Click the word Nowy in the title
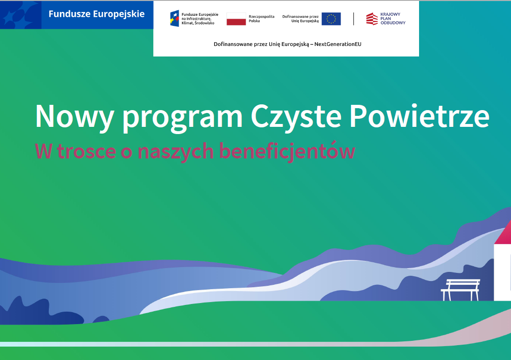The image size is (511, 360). pos(75,117)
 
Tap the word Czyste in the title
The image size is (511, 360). pos(296,117)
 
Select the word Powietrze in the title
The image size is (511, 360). pos(420,116)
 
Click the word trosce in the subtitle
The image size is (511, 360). pos(87,151)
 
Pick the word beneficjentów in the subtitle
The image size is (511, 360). pos(287,151)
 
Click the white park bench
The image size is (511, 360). pos(461,289)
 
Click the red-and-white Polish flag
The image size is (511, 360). pos(236,19)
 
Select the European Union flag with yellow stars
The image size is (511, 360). pos(331,19)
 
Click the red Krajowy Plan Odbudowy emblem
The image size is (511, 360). pos(372,19)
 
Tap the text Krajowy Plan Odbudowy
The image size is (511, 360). pos(393,19)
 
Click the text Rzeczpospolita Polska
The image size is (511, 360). pos(261,19)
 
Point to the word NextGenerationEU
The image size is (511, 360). pos(338,44)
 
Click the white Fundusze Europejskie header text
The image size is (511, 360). pos(96,14)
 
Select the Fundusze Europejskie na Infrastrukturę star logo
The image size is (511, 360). pos(174,18)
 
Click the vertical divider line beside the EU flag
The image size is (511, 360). pos(353,19)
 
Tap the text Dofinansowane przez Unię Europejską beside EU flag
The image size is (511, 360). pos(300,19)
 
